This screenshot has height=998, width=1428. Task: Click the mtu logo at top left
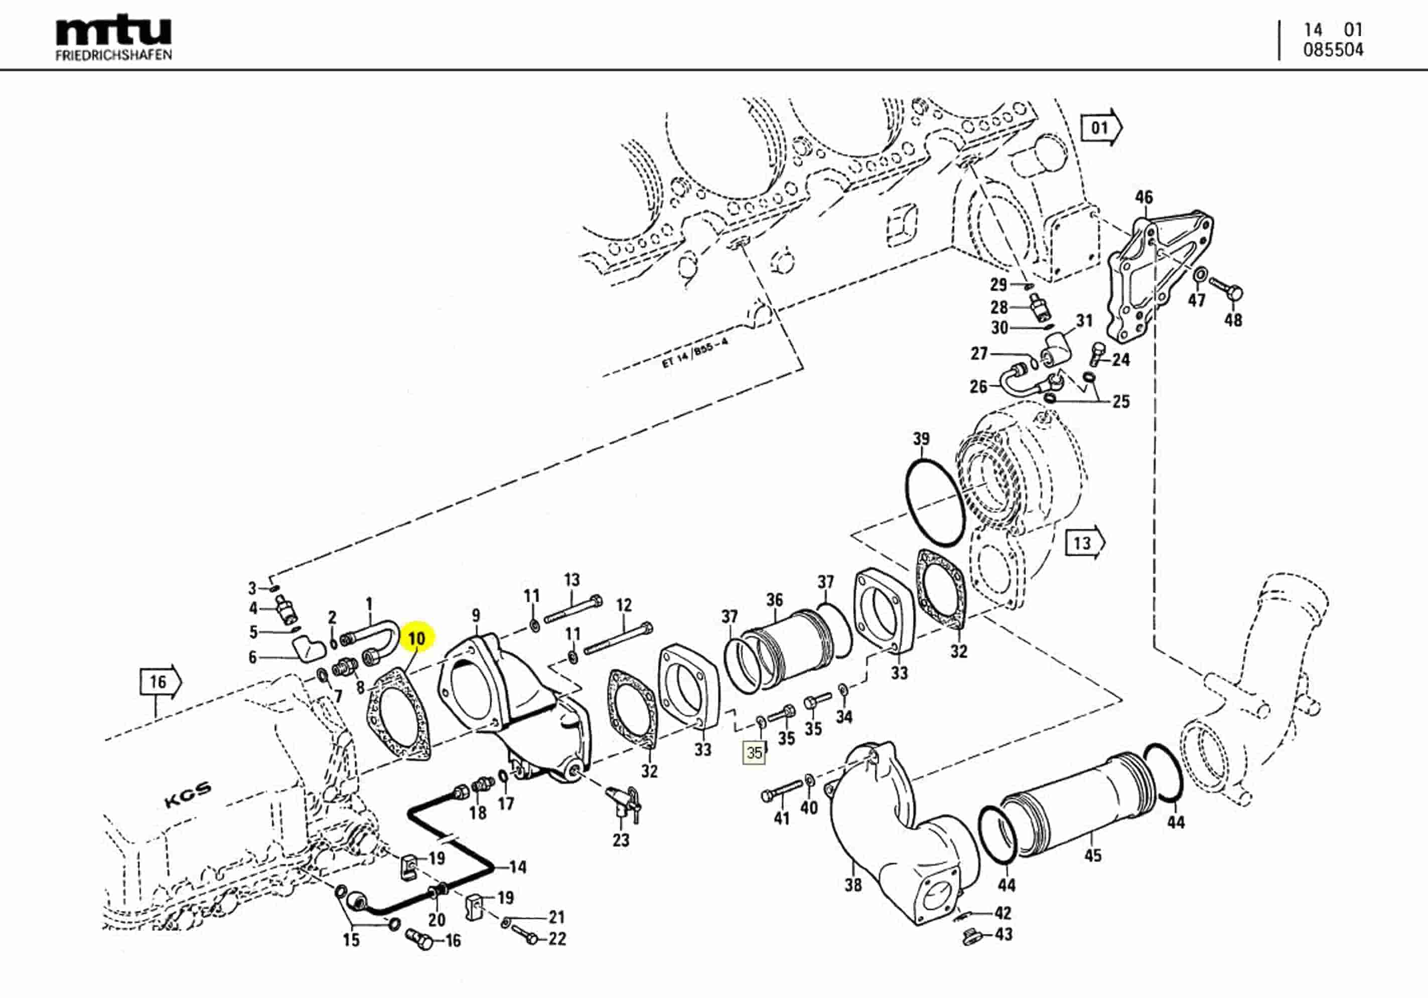point(113,31)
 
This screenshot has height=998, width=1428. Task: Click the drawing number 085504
point(1333,50)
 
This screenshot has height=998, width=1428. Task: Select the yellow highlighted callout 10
point(416,638)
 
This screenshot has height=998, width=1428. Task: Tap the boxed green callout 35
point(755,753)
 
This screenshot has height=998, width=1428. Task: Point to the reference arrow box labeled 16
point(159,682)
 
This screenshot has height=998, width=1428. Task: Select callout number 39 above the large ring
point(921,438)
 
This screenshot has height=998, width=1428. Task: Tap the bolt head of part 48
point(1235,293)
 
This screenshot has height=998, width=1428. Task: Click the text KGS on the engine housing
point(188,795)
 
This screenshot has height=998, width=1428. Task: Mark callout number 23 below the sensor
point(621,840)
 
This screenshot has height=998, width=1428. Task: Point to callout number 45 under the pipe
point(1093,856)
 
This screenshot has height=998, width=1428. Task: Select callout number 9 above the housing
point(476,615)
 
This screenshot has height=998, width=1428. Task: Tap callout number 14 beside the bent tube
point(517,867)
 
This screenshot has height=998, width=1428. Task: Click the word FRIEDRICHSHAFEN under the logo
point(113,55)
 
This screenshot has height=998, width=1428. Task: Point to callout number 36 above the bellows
point(774,599)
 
